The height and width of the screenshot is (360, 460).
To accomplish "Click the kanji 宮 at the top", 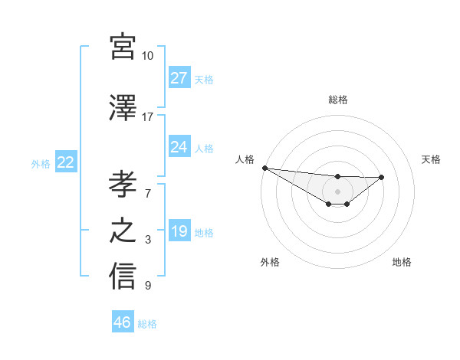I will (123, 47).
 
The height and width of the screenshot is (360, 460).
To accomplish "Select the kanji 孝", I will (123, 185).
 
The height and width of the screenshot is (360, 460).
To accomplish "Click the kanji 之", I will (123, 231).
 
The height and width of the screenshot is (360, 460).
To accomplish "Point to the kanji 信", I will (123, 277).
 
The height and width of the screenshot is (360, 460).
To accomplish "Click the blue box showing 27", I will (179, 78).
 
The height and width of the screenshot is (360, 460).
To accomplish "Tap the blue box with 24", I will (179, 147).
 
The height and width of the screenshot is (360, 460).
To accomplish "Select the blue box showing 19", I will (179, 231).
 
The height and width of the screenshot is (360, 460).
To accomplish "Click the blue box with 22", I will (66, 162).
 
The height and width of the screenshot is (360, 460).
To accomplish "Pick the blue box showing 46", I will (123, 322).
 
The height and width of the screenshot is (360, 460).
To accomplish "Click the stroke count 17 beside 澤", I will (148, 117).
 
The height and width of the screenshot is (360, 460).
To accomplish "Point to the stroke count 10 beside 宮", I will (148, 56).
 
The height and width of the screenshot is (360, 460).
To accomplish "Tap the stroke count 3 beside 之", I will (148, 240).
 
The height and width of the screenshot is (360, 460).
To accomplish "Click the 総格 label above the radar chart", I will (337, 100).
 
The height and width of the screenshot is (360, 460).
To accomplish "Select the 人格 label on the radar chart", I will (245, 159).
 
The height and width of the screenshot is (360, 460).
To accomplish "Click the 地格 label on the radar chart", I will (402, 262).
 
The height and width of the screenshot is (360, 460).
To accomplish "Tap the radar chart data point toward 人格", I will (264, 168).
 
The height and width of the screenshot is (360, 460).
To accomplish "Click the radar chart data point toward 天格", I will (382, 177).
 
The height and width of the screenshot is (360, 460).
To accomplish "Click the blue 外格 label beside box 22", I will (41, 163).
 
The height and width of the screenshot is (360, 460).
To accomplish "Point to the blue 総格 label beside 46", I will (147, 323).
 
